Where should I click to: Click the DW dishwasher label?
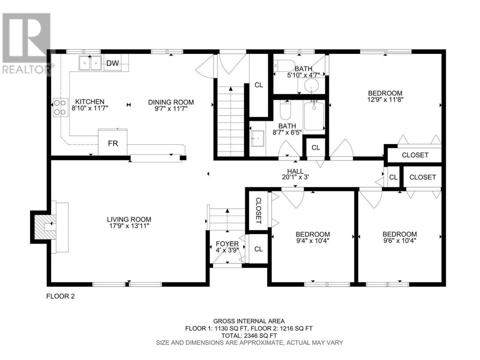pos(112,63)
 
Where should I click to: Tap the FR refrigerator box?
pos(112,142)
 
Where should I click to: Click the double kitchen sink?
pos(90,63)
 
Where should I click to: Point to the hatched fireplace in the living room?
pos(45,227)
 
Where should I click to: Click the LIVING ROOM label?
pos(129,219)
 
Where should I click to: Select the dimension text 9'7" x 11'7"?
pos(171,109)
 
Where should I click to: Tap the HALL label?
pos(295,171)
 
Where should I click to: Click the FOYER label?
pos(227,244)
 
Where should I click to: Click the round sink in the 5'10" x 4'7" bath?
pos(312,85)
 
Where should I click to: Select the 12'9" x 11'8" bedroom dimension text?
pos(385,100)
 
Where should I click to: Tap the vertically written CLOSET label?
pos(258,211)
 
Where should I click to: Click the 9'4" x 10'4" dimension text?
pos(313,241)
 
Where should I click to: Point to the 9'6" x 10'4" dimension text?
pos(399,241)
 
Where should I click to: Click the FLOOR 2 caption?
pos(60,296)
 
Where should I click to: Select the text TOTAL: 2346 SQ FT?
pos(249,336)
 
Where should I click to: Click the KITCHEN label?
pos(90,102)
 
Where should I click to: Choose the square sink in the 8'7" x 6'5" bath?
pos(258,139)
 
